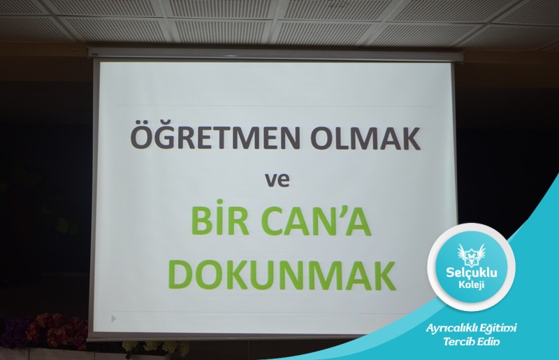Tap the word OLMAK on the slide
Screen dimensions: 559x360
tap(365, 138)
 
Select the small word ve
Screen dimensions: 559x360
tap(277, 180)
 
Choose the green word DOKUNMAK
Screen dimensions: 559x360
tap(282, 275)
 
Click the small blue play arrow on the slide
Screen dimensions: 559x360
tap(114, 318)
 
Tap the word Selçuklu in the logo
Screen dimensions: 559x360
tap(471, 273)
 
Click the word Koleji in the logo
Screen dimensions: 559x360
tap(471, 285)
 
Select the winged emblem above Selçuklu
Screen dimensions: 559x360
tap(471, 254)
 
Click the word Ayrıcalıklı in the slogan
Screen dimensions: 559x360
tap(451, 329)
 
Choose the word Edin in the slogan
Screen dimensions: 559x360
tap(488, 341)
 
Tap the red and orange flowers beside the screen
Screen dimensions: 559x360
tap(57, 330)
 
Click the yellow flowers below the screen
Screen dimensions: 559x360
tap(155, 348)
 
